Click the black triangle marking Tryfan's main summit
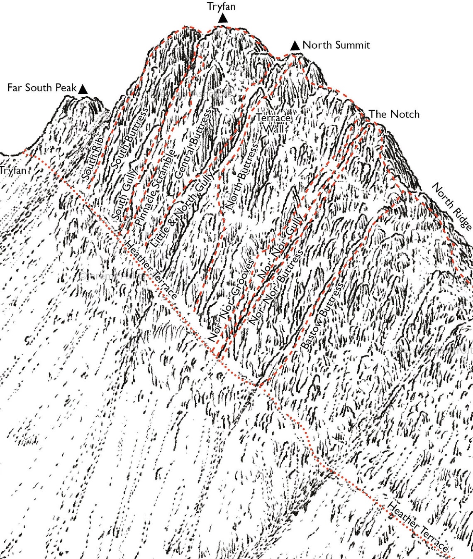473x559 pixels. coord(223,18)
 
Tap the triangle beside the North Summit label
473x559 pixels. coord(295,46)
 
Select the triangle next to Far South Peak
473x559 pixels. coord(83,89)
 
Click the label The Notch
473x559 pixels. coord(394,114)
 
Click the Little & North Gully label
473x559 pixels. coord(183,210)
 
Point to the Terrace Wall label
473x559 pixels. coord(273,123)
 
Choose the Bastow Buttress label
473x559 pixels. coord(321,316)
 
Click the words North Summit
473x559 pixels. coord(336,45)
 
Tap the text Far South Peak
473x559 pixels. coord(42,88)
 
